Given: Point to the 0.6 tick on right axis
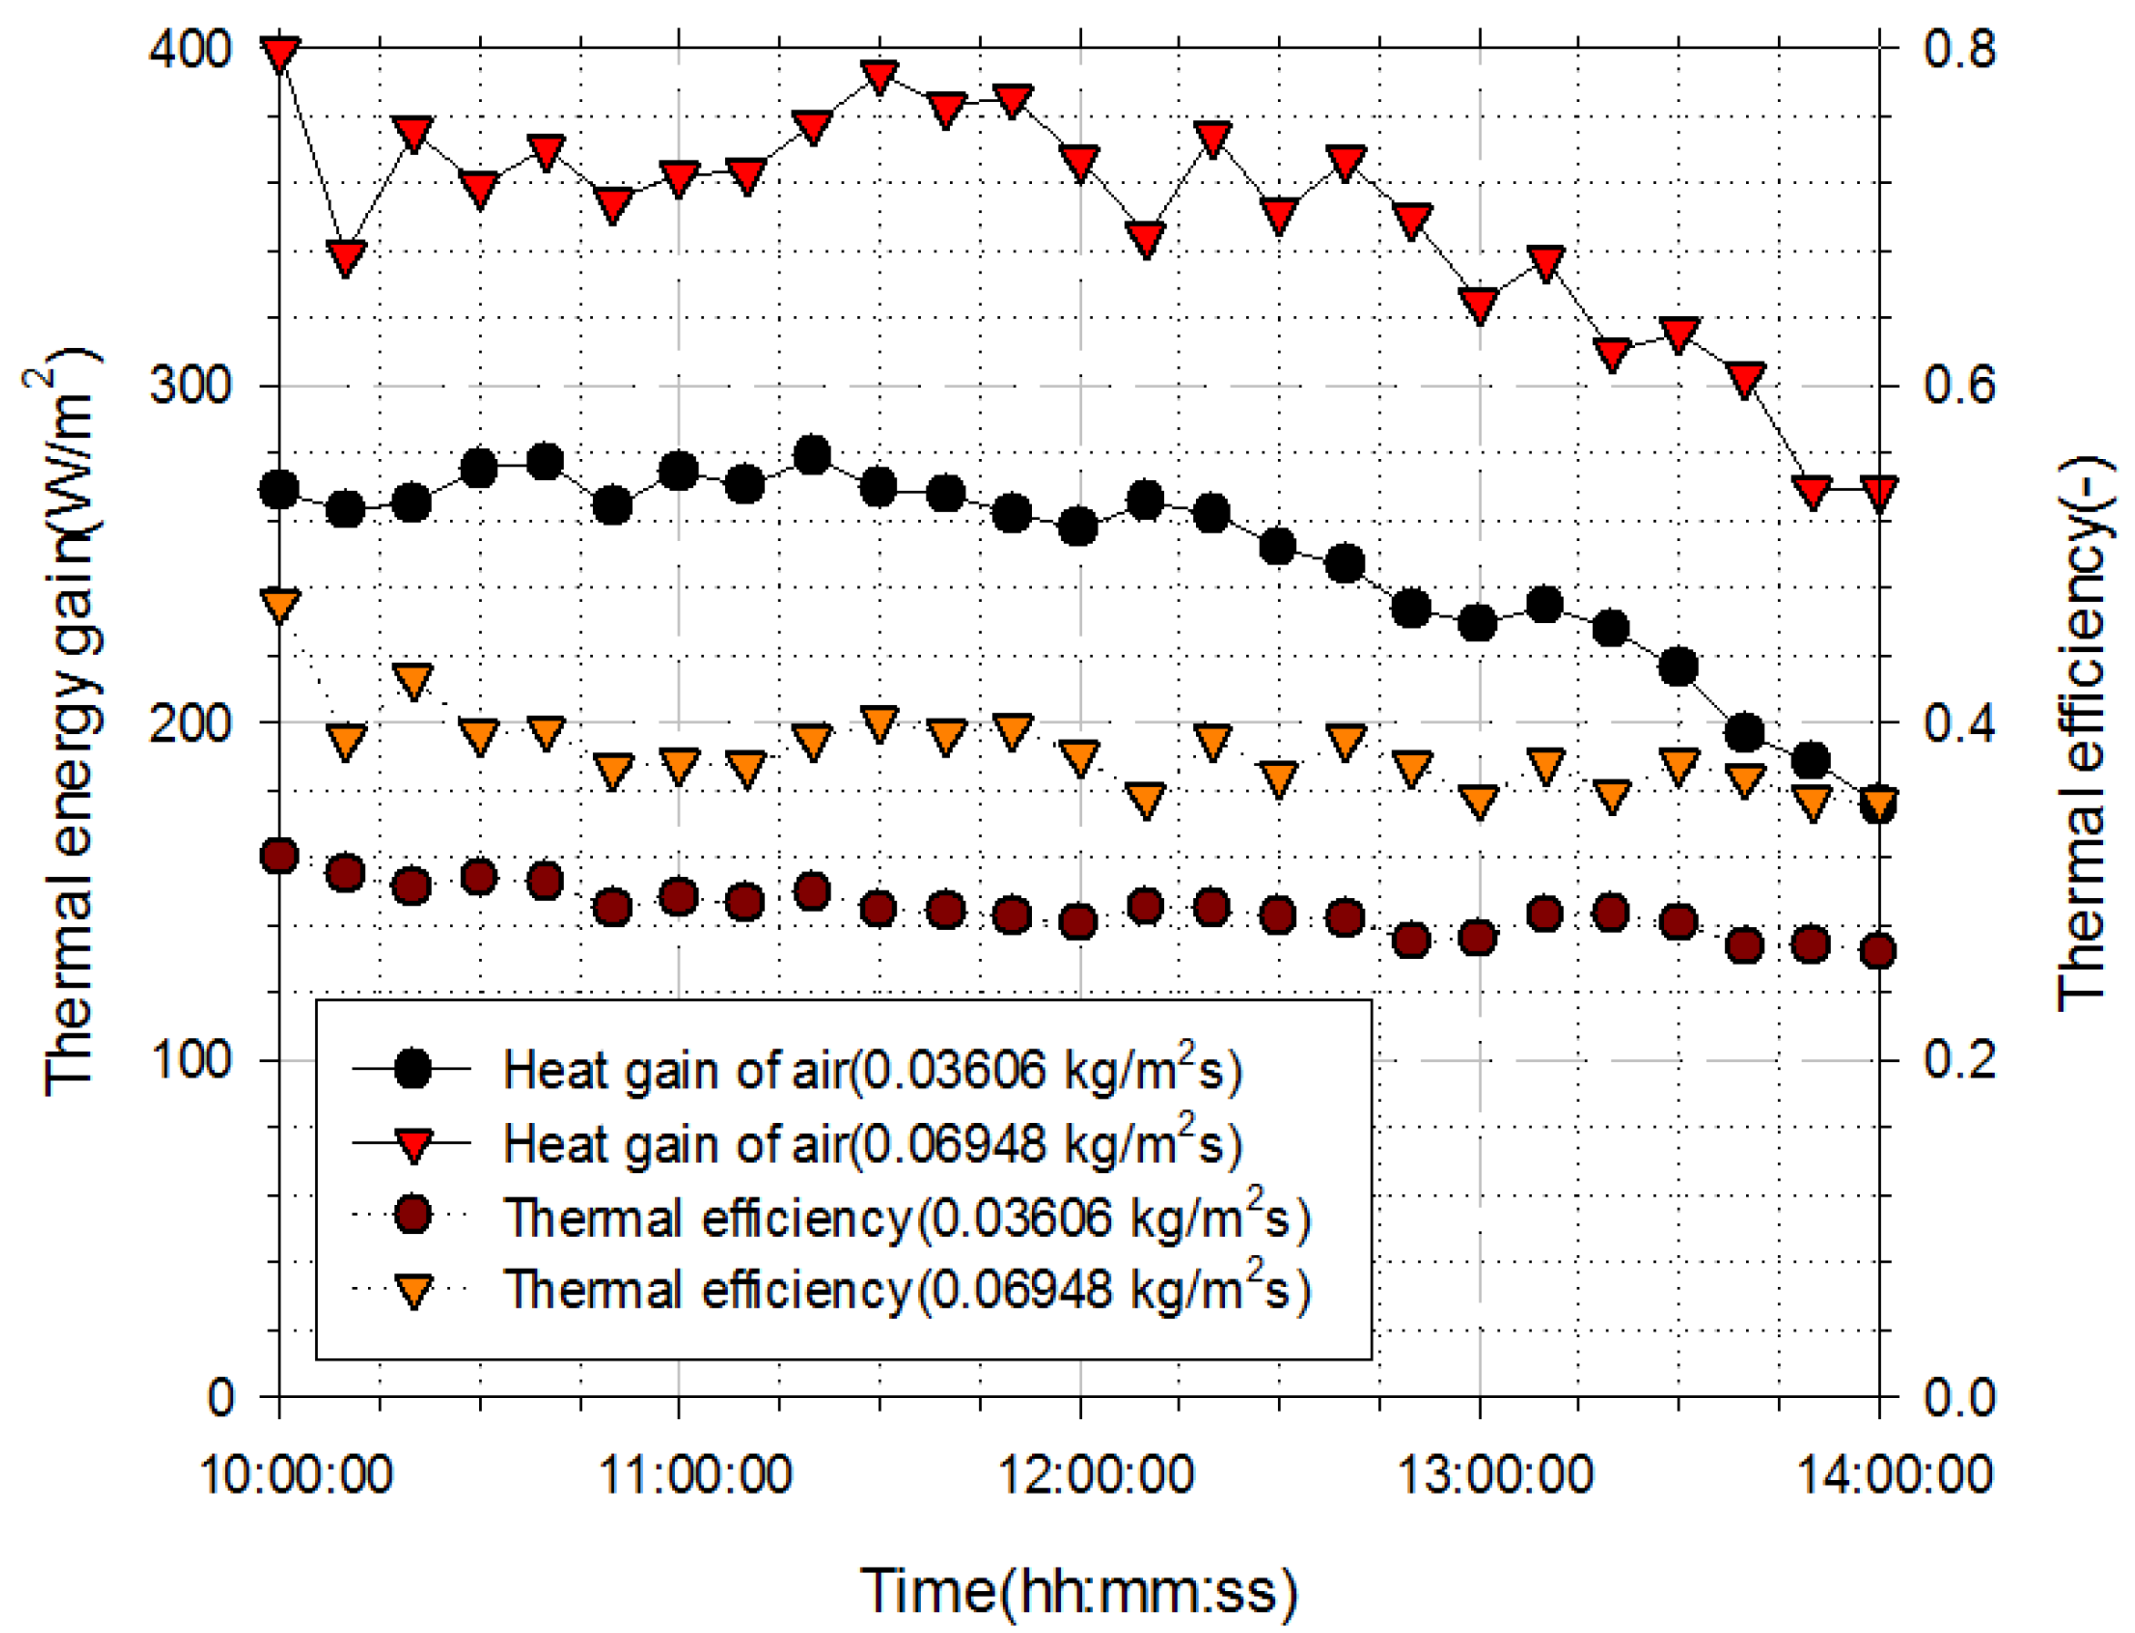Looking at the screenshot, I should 1958,385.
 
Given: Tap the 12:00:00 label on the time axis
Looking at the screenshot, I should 1096,1475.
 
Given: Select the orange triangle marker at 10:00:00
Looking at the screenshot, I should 280,606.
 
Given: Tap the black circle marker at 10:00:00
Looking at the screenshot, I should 280,490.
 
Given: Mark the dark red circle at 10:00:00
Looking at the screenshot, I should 280,856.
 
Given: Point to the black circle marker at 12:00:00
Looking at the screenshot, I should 1078,526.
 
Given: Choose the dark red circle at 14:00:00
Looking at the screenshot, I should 1878,951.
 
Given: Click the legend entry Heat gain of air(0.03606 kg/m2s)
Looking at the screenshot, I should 871,1070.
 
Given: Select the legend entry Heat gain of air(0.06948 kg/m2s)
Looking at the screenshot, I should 871,1144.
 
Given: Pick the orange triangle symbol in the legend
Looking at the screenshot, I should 414,1291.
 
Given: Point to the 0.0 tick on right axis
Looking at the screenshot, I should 1958,1398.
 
